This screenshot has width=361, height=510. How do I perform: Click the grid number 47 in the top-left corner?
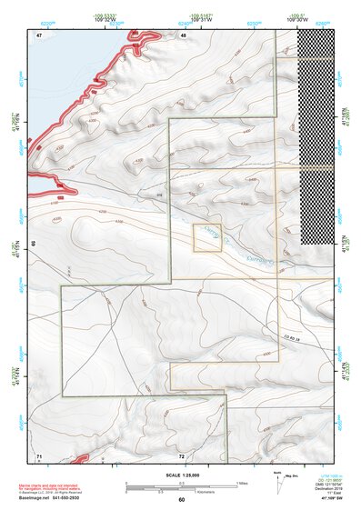40,35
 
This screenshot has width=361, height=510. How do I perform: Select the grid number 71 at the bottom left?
39,454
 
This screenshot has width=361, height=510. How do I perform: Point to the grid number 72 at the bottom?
181,455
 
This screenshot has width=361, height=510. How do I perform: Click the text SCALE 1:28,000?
182,475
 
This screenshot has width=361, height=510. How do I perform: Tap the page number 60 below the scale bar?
182,499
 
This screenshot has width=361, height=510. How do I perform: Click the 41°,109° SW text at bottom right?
324,500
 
